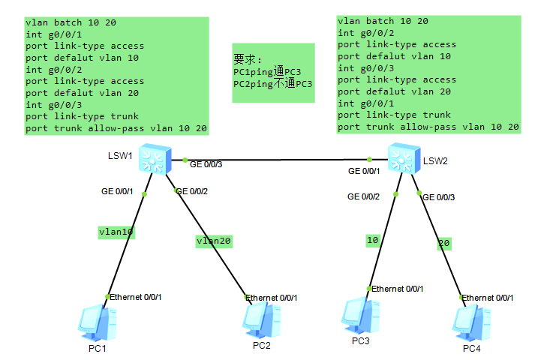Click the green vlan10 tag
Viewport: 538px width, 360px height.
coord(116,232)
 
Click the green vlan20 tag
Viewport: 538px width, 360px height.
coord(214,241)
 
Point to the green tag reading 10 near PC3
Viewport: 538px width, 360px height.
coord(373,240)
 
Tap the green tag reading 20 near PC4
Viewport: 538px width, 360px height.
coord(445,244)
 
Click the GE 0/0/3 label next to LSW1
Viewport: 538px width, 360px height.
coord(206,164)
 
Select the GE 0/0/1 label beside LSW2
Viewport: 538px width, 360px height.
coord(364,172)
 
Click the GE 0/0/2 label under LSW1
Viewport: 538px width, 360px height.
coord(191,191)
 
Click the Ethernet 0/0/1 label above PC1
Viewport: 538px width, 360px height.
coord(135,297)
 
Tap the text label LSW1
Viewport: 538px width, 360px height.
coord(120,155)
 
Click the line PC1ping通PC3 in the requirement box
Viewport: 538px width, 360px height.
coord(267,72)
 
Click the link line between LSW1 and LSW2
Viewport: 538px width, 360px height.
coord(278,160)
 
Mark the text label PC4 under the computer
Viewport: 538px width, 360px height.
coord(471,348)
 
